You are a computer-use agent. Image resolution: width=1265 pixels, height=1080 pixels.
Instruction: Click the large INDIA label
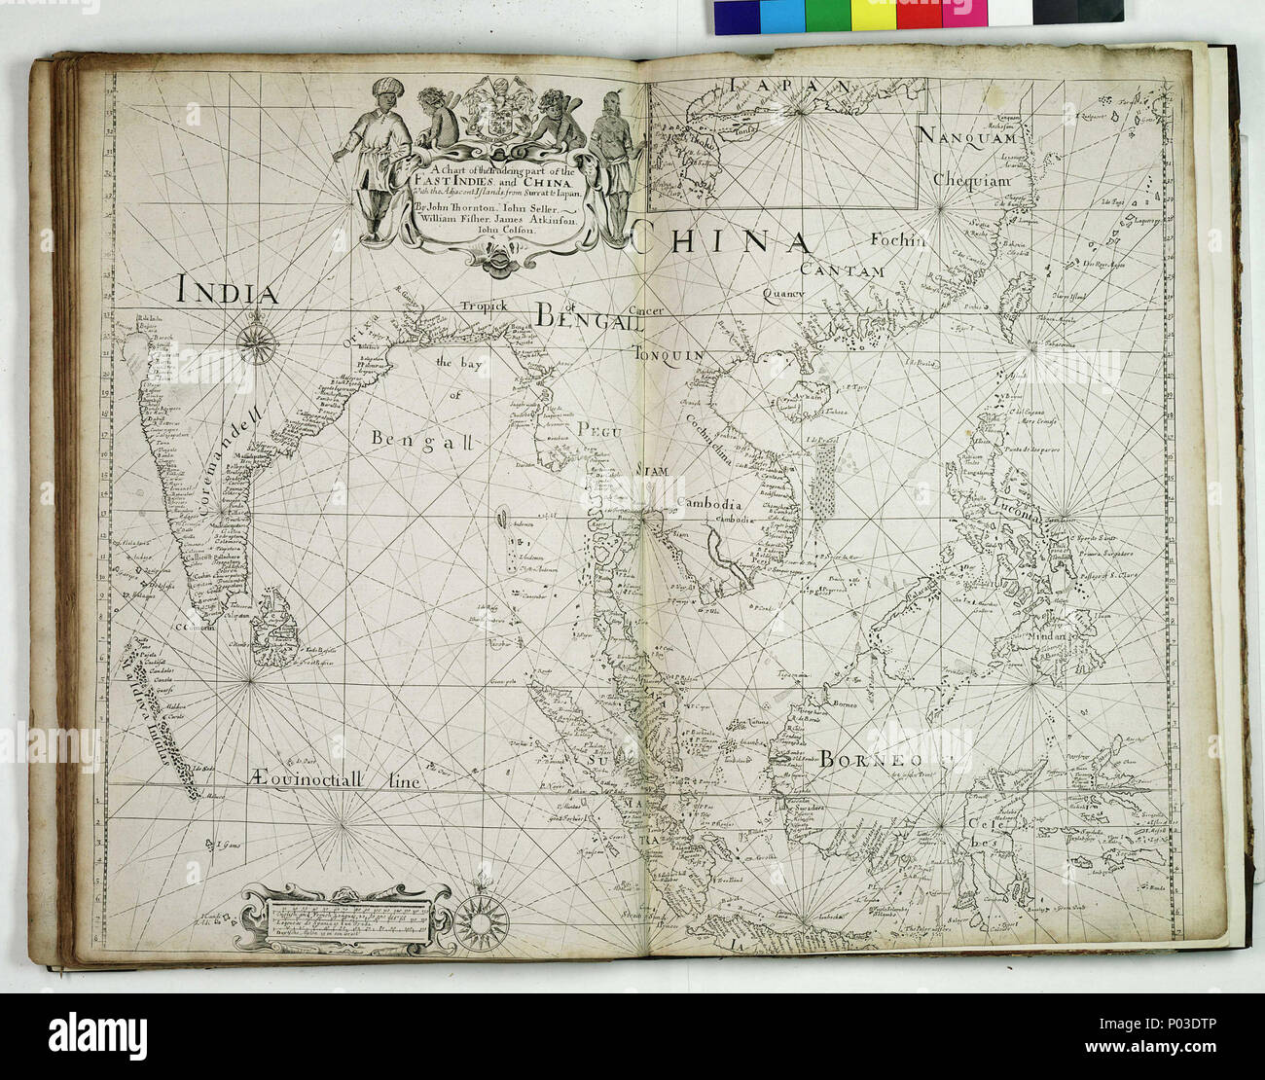[x=228, y=291]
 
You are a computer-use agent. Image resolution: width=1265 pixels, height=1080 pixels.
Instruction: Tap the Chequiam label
[x=971, y=180]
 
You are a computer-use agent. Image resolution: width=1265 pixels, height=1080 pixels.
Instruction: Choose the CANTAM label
[x=843, y=270]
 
